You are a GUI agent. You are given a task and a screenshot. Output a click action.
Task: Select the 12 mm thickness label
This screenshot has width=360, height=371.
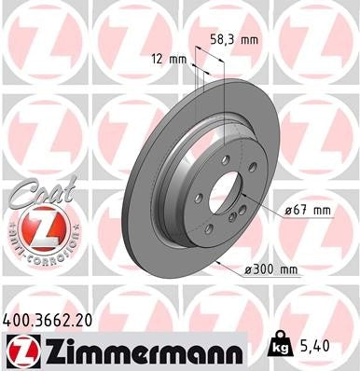[x=169, y=59]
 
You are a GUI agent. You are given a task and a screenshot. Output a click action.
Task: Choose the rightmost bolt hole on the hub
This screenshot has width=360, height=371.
[x=253, y=168]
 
